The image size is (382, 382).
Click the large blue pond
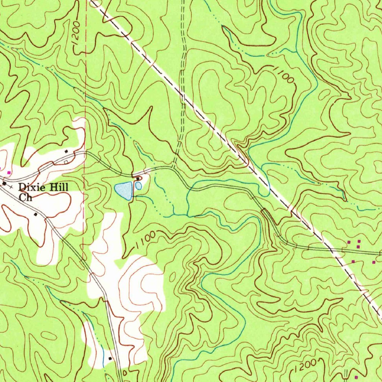point(124,190)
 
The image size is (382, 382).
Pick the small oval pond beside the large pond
point(138,186)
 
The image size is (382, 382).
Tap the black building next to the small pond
point(138,179)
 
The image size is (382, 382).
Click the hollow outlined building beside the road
point(66,162)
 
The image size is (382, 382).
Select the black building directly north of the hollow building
point(66,151)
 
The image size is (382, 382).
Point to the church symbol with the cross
point(5,184)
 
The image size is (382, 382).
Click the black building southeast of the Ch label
point(35,215)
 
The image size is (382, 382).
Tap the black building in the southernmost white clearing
point(110,358)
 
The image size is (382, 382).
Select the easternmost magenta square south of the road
point(374,263)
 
